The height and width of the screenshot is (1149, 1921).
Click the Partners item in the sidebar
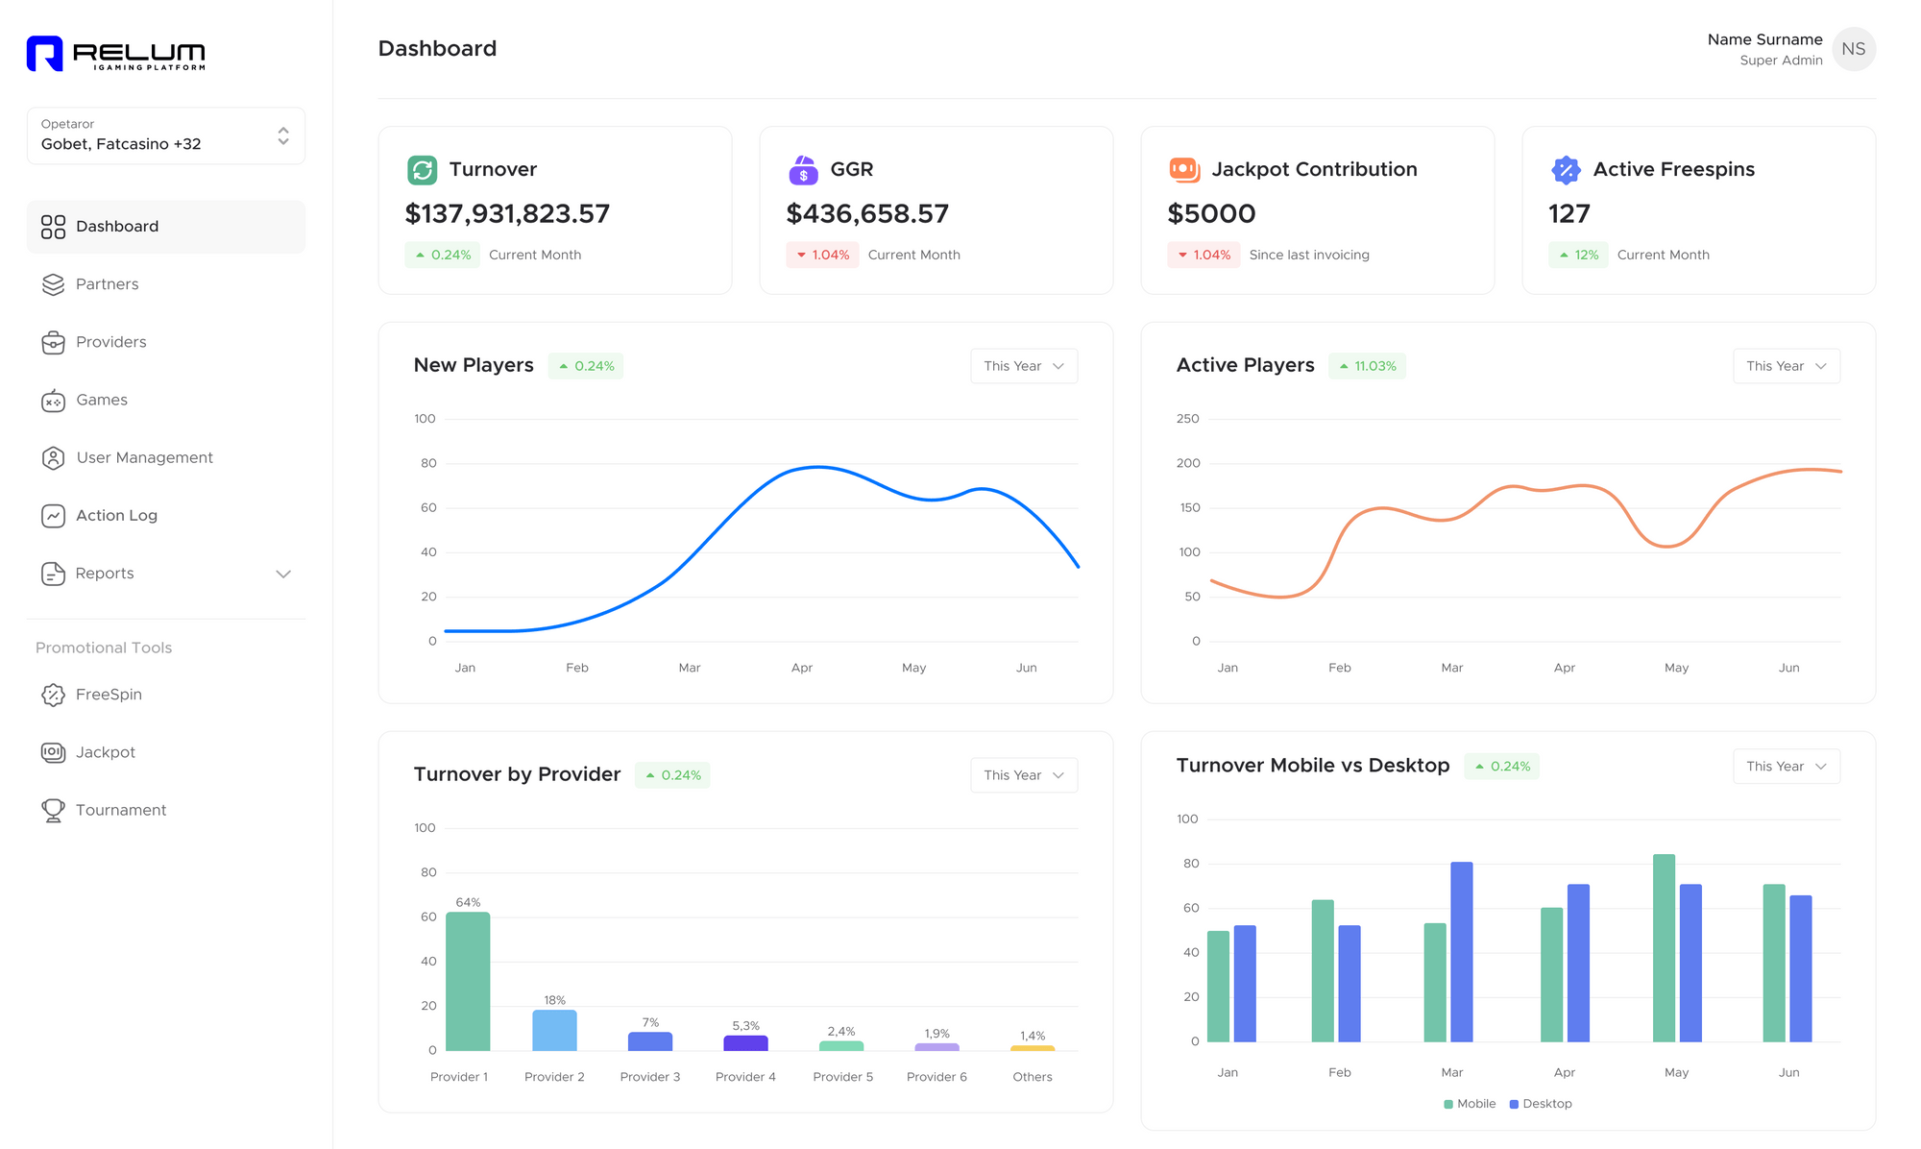107,284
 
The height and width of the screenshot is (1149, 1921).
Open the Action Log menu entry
115,515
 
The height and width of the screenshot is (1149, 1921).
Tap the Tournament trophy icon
53,810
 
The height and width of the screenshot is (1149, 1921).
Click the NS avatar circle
1853,49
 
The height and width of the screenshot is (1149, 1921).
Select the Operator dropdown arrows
283,135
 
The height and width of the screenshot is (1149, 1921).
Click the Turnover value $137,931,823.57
507,213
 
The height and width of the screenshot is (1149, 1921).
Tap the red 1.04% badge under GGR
823,255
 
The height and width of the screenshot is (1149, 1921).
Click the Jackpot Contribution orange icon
1184,169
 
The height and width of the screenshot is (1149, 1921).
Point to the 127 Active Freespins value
1569,213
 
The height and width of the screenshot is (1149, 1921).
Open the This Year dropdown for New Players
1023,366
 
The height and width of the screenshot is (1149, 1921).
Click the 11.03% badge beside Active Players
1367,366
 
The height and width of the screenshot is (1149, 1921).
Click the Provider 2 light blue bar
554,1030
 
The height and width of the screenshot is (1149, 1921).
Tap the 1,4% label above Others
1033,1036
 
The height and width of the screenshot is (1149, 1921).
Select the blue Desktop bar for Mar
1461,951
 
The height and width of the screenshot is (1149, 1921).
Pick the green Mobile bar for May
1664,947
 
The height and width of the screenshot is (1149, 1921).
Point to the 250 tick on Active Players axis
1188,419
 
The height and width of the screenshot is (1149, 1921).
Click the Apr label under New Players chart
802,668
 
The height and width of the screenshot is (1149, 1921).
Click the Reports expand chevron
283,574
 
